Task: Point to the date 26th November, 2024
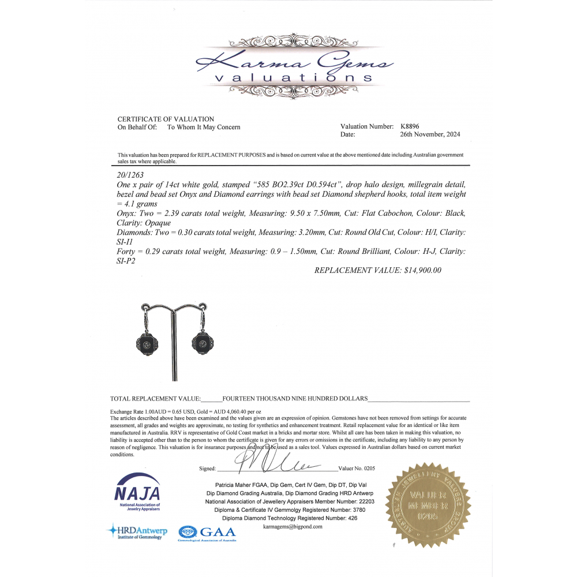point(430,134)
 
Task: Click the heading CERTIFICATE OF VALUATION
point(166,119)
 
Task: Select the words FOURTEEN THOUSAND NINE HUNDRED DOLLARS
point(295,399)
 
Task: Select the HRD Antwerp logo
point(137,531)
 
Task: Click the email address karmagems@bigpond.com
point(293,527)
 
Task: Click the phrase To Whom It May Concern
point(204,127)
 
